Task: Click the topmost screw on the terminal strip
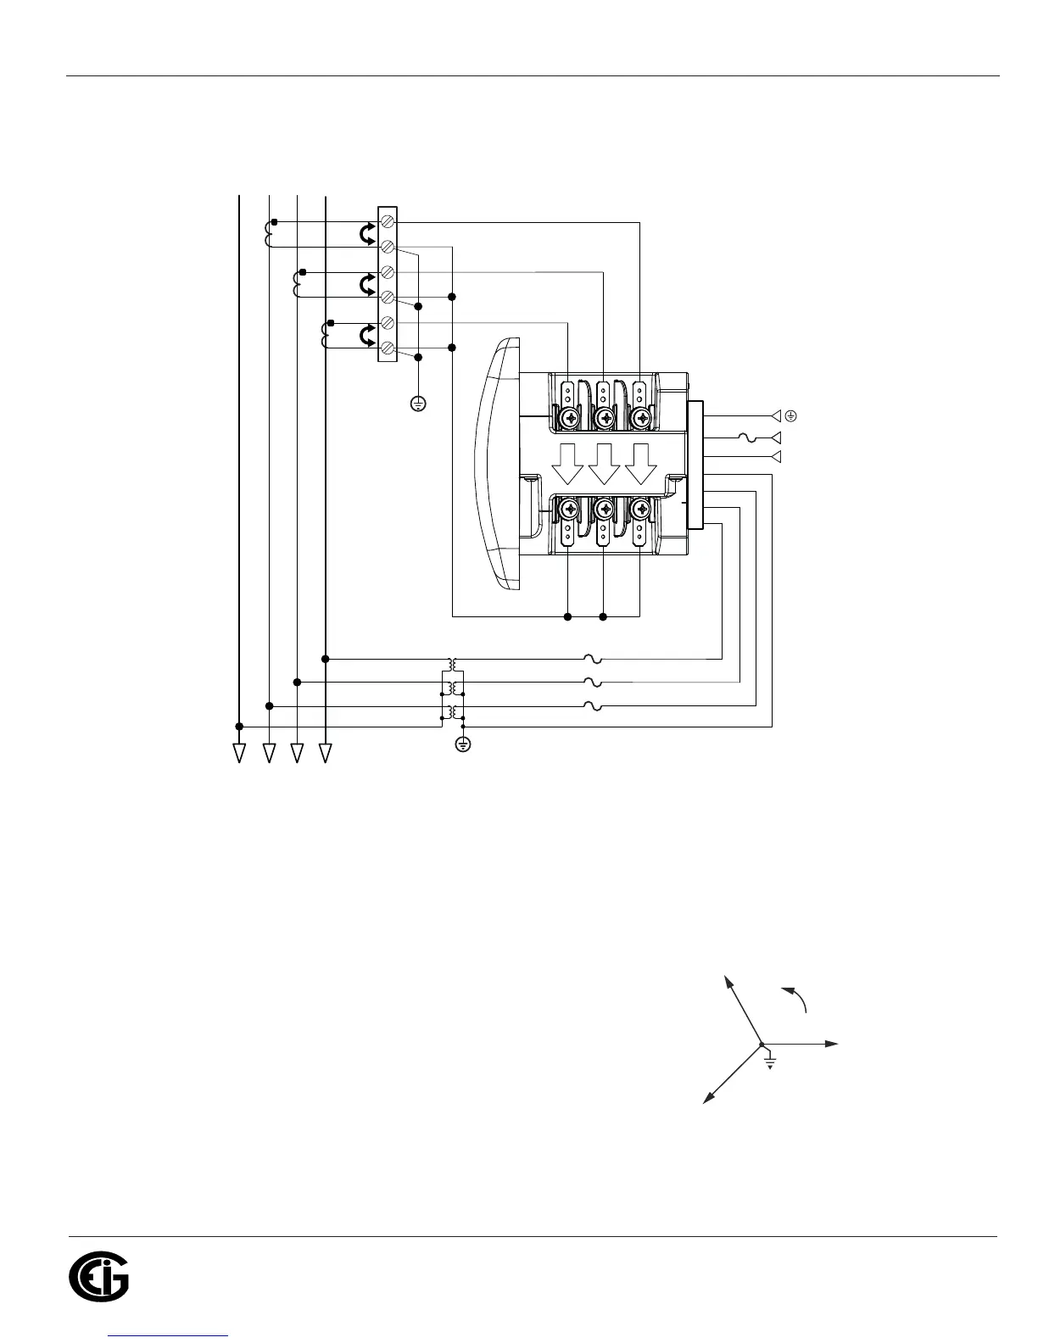tap(387, 221)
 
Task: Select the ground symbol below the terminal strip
tap(417, 404)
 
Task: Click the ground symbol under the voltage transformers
tap(463, 744)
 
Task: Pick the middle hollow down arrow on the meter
tap(605, 462)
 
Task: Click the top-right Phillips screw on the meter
tap(642, 418)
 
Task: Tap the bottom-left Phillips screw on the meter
tap(567, 510)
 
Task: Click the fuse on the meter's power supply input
tap(745, 437)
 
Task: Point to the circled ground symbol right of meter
tap(790, 415)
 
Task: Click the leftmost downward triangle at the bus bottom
tap(239, 752)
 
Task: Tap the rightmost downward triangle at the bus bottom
tap(325, 752)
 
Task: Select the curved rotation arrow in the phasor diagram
tap(795, 997)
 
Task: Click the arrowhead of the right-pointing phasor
tap(833, 1044)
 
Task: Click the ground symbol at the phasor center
tap(770, 1062)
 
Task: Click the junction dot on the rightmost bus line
tap(326, 658)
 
